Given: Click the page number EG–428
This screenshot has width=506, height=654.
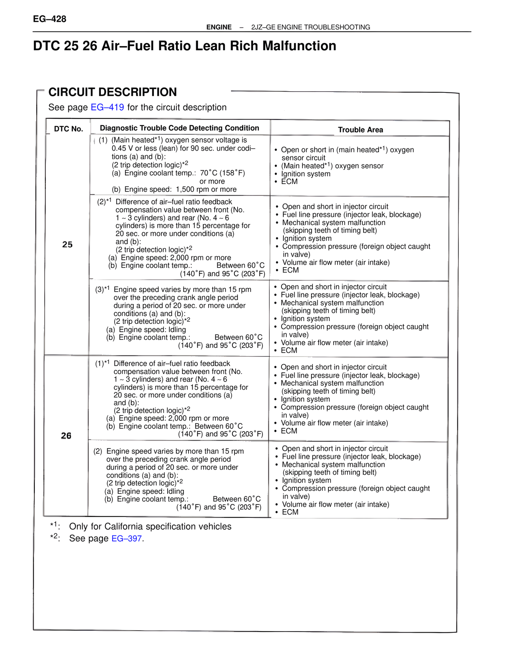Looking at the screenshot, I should [49, 19].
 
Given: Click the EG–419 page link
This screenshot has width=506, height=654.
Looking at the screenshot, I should [107, 107].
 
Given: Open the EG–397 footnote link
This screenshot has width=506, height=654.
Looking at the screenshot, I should [126, 538].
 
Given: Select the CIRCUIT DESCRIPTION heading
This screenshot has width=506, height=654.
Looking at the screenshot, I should [113, 92].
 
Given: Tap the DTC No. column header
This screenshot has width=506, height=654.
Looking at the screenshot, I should [68, 129].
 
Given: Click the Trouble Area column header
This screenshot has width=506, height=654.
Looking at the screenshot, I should [360, 130].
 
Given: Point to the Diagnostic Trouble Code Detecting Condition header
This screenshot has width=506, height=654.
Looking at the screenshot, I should [179, 128].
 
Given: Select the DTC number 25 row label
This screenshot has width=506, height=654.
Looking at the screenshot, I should [68, 244].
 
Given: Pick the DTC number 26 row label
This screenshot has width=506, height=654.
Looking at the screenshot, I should [66, 436].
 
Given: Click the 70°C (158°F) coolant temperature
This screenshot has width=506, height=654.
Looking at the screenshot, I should [222, 173].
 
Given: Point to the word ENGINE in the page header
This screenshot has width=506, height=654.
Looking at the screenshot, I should [219, 27].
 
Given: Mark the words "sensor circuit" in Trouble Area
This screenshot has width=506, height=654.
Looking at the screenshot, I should [303, 158].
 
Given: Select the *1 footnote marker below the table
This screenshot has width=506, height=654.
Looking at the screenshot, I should [54, 525].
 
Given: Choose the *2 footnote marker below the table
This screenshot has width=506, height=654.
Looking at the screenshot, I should [54, 537].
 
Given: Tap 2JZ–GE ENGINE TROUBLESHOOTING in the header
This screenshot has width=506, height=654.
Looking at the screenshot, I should [311, 27].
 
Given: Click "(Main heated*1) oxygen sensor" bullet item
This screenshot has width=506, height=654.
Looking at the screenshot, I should [332, 166].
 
